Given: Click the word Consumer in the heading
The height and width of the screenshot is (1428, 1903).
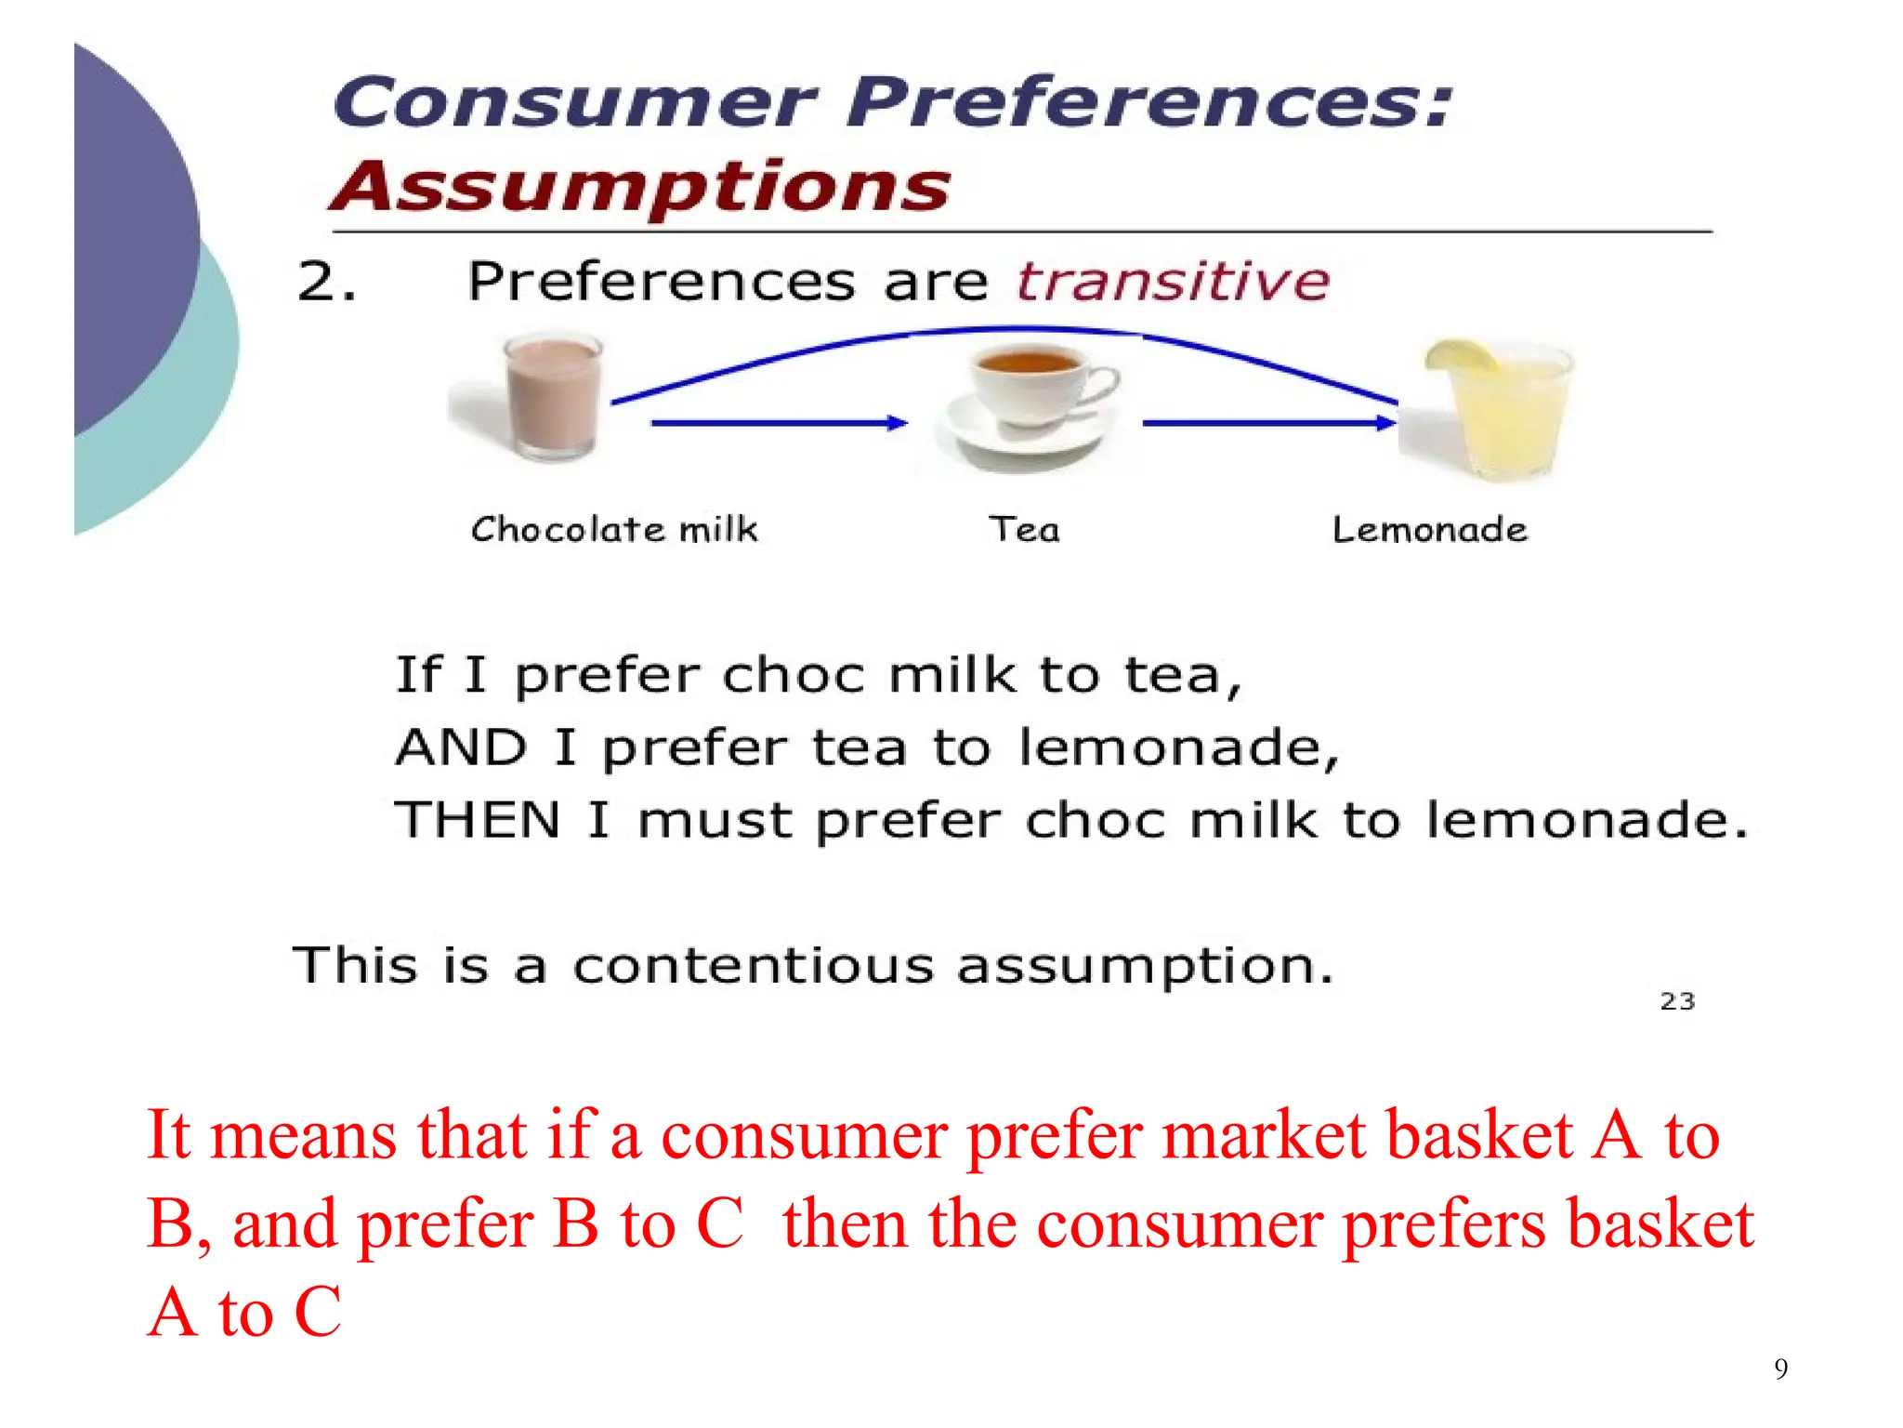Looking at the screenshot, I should pyautogui.click(x=574, y=103).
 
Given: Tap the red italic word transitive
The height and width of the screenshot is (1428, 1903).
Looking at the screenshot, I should pyautogui.click(x=1173, y=282).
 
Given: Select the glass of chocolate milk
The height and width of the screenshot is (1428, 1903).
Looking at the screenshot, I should pyautogui.click(x=553, y=398).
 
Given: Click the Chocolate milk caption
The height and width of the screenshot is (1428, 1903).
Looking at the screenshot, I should pyautogui.click(x=614, y=530).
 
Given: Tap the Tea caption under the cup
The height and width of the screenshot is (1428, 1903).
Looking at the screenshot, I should pyautogui.click(x=1024, y=530).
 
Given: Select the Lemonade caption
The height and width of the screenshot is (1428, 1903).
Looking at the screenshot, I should pyautogui.click(x=1429, y=530).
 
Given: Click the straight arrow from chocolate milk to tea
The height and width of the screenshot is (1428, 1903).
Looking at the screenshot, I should pyautogui.click(x=779, y=423).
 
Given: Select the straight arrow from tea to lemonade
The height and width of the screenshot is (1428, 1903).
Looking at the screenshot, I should pyautogui.click(x=1268, y=423).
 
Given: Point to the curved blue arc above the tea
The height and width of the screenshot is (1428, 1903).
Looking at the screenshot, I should pyautogui.click(x=1013, y=329).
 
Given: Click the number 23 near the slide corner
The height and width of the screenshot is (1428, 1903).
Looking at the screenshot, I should pyautogui.click(x=1677, y=1001).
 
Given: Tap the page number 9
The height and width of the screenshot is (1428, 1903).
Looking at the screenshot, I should pyautogui.click(x=1780, y=1368).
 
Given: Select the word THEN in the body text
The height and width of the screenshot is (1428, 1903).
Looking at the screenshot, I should pyautogui.click(x=478, y=820).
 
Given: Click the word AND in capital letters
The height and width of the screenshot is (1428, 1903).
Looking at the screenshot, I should pyautogui.click(x=461, y=747).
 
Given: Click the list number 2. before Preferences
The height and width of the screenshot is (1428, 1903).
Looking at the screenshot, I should pyautogui.click(x=326, y=282).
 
